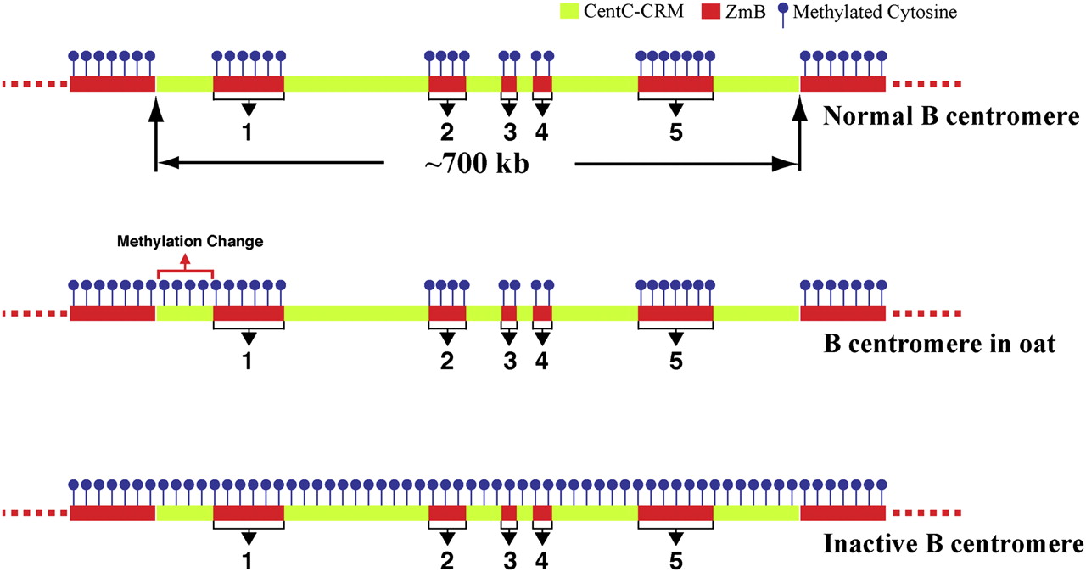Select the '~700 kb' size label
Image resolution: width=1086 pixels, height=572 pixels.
tap(477, 163)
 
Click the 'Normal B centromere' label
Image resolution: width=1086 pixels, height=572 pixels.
tap(951, 116)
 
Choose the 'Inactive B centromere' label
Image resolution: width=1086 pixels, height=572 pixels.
tap(953, 544)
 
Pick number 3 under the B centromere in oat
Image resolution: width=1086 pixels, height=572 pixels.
tap(509, 361)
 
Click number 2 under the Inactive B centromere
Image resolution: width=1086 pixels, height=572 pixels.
tap(447, 561)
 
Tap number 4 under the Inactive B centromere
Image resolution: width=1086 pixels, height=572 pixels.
tap(542, 561)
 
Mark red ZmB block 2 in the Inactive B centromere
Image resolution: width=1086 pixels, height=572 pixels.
tap(447, 513)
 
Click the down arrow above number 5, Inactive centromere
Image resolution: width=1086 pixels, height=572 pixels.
tap(676, 537)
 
